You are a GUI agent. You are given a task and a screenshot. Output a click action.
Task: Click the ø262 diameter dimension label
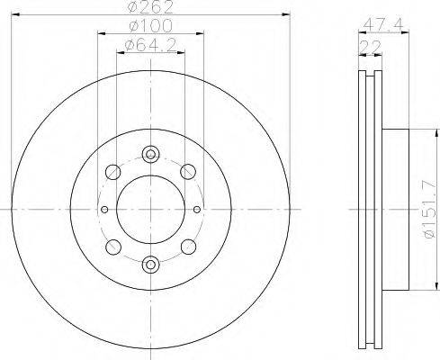pos(150,6)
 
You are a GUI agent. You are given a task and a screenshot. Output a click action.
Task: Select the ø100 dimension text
pos(151,25)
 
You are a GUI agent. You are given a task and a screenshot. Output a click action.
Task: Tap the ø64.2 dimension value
pos(150,46)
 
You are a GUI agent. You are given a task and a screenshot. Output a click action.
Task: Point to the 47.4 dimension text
pos(383,24)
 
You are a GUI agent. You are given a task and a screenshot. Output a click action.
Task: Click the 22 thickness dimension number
pos(370,47)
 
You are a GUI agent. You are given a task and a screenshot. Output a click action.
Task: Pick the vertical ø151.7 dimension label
pos(428,210)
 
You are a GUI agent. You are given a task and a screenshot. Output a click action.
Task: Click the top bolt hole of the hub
pos(150,155)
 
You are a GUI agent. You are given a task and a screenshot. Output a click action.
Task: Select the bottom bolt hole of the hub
pos(150,265)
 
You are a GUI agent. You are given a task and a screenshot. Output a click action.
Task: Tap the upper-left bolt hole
pos(113,172)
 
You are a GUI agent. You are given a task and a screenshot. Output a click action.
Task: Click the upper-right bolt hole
pos(188,172)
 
